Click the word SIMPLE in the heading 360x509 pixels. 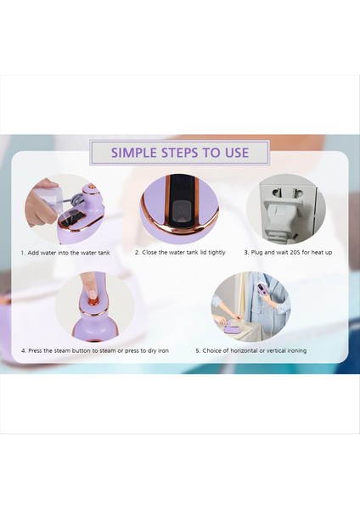click(x=133, y=152)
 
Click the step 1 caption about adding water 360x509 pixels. click(x=65, y=253)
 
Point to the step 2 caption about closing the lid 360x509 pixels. click(x=180, y=252)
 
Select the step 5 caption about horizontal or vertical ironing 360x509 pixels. click(x=251, y=350)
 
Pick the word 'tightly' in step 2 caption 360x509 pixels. click(x=217, y=252)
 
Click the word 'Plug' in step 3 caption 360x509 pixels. click(x=256, y=252)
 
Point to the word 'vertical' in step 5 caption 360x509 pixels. click(x=277, y=350)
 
